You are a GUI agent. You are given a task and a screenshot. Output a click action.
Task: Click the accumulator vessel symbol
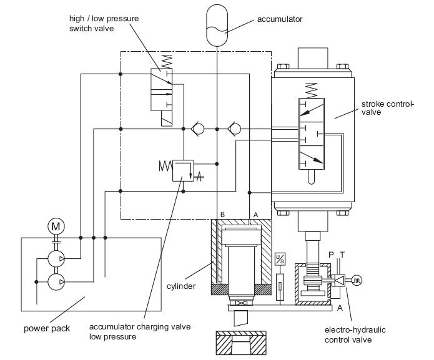217,26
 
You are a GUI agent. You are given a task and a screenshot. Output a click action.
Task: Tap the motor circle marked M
56,226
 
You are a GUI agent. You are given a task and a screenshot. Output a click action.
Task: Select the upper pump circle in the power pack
56,259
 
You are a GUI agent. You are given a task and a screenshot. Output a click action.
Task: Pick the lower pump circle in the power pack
56,282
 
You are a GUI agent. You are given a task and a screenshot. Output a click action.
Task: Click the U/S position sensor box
280,258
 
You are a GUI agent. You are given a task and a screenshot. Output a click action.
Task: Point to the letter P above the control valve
331,255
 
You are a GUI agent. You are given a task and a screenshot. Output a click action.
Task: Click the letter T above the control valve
342,255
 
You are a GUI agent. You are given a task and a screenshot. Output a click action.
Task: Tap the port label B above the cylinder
222,215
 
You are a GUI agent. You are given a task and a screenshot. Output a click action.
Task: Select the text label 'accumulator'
280,19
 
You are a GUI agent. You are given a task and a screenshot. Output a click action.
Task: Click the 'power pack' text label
47,328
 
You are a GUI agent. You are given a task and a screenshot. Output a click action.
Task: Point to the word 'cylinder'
181,286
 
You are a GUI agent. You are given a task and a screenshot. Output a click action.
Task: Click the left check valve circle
198,129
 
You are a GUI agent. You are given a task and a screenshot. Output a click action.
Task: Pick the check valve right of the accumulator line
234,129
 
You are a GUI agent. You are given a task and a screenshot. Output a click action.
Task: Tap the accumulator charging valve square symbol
183,170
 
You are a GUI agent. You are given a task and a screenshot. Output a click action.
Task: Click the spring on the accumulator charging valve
166,166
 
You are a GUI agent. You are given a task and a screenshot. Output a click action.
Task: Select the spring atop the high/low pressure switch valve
167,62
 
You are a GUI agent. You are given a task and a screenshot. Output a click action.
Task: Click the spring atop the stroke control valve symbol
311,90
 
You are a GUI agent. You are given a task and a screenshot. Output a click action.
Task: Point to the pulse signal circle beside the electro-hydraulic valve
357,280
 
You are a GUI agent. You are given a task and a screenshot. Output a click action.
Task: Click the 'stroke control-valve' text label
388,108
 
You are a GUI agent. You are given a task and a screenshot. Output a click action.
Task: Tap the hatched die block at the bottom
241,343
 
